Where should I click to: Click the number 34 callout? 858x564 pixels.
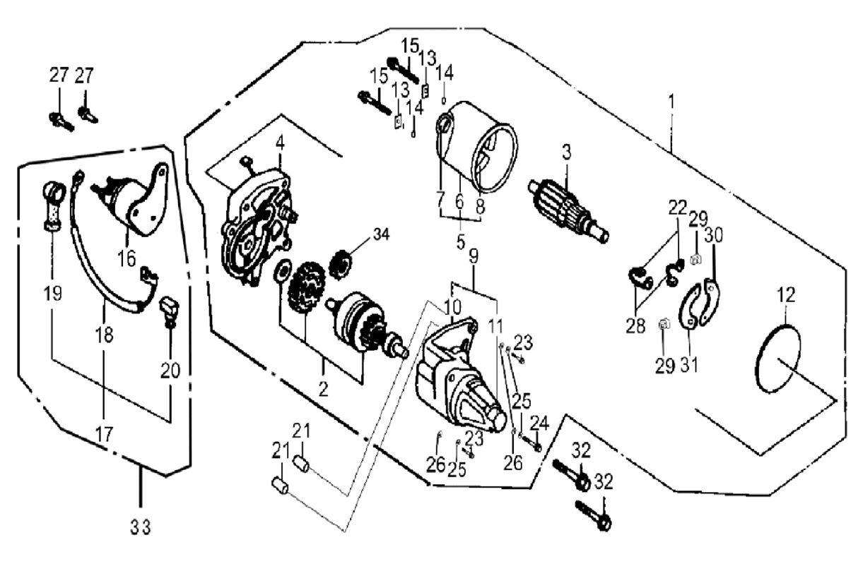tap(380, 234)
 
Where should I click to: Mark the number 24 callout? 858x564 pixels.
tap(539, 422)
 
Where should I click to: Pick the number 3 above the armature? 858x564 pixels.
tap(566, 152)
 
